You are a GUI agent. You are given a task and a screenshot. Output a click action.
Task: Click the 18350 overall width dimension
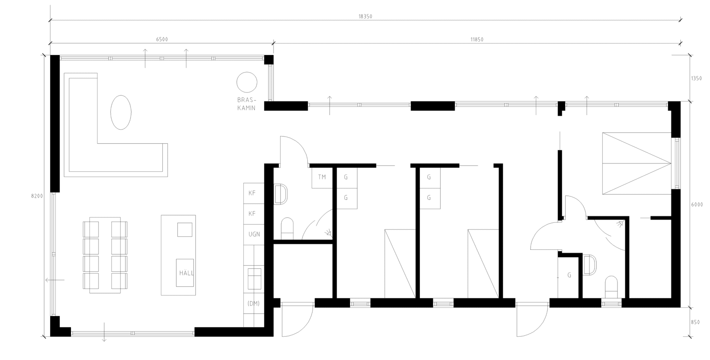coord(365,17)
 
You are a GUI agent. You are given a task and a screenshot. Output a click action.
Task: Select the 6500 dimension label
coord(162,40)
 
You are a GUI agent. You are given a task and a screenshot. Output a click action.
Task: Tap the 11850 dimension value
coord(477,40)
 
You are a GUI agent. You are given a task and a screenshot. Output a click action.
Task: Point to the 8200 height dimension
coord(37,196)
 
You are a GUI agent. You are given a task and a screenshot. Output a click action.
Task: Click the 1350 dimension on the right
coord(696,78)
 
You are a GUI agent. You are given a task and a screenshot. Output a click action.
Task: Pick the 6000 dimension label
coord(697,205)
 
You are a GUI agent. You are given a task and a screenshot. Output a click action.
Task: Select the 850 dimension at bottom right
coord(695,322)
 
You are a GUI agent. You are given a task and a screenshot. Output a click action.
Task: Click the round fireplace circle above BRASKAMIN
coord(247,82)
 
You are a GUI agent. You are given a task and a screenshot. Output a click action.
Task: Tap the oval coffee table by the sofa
coord(121,112)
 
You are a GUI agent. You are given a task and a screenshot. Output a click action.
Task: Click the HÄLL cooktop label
coord(186,273)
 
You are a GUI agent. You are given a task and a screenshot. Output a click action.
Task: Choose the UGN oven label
coord(254,234)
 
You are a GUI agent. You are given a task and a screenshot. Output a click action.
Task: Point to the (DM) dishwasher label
coord(254,303)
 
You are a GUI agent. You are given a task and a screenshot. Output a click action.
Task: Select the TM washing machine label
coord(322,177)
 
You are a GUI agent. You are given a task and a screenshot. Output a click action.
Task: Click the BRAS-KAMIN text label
coord(247,104)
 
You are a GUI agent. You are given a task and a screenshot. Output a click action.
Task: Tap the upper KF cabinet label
coord(252,193)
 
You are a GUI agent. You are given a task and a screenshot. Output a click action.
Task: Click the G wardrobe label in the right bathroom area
coord(569,275)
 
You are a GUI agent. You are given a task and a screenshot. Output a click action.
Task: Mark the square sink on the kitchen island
coord(185,230)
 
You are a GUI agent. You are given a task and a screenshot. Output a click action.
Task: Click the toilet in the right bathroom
coord(611,287)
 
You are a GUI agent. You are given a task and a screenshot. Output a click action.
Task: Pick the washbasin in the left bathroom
coord(281,194)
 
